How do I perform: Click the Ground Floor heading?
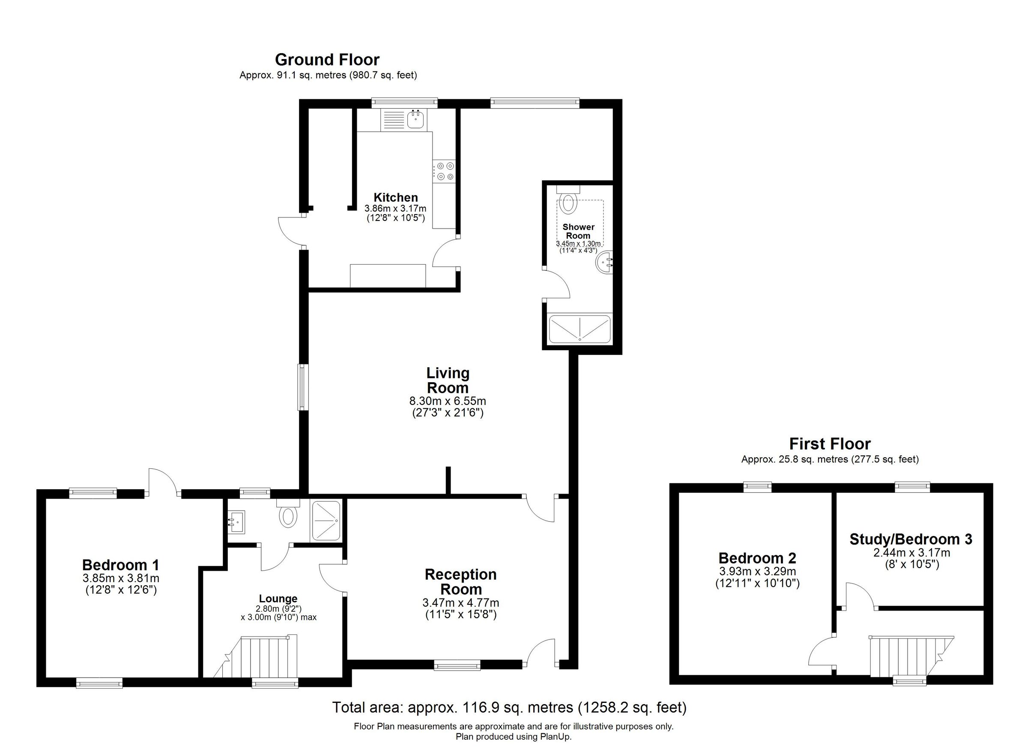(327, 60)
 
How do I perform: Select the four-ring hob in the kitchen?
(444, 172)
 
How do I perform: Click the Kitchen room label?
(395, 197)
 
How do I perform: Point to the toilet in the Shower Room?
(568, 202)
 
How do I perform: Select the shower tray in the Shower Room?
(580, 329)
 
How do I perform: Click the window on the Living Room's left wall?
(302, 387)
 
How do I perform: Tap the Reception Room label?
(460, 582)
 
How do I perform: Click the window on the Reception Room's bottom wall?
(457, 665)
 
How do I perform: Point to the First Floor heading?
(830, 443)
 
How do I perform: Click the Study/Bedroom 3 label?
(911, 539)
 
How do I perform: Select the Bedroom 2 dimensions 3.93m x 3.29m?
(757, 571)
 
